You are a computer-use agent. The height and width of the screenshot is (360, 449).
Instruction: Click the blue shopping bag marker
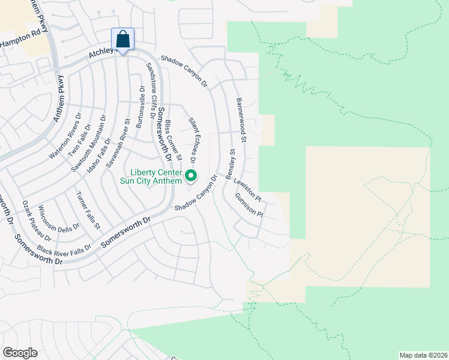coord(122,40)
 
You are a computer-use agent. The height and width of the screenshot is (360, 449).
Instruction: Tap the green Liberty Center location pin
coord(191,176)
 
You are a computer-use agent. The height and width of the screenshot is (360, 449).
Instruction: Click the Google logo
coord(20,353)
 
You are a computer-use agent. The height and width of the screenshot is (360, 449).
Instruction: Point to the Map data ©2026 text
coord(423,355)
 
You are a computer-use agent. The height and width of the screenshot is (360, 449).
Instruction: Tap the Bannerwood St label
coord(241,120)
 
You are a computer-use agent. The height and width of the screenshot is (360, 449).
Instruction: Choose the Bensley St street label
coord(232,161)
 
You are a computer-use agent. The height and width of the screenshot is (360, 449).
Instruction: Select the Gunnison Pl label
coord(249,205)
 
